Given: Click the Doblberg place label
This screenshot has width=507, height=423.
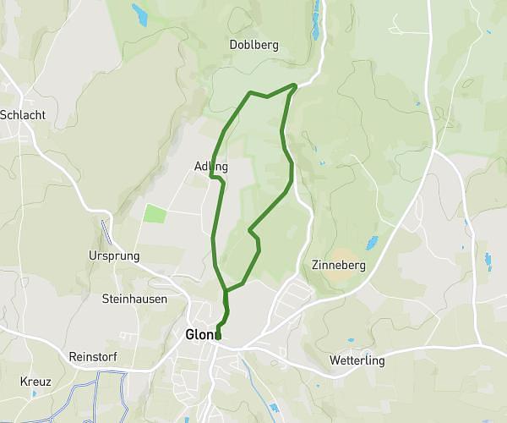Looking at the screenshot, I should point(253,45).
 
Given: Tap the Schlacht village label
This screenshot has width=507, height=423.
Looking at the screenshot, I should point(23,114).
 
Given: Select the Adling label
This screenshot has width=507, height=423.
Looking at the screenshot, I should point(210,167).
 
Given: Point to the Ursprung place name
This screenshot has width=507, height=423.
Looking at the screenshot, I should point(113,255).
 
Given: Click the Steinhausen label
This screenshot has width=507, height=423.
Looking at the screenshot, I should point(134,299).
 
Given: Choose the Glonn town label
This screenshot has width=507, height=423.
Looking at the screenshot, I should point(203,334).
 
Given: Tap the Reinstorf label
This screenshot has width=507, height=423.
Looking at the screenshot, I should point(98,357).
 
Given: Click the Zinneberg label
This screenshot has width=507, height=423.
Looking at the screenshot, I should point(338,265).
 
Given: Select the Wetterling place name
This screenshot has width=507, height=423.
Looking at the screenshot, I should point(356,360).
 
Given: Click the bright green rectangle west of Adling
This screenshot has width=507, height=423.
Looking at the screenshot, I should point(155,213).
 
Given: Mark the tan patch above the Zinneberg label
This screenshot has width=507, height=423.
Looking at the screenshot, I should point(343,253).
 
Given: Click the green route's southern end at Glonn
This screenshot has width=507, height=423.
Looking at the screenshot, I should point(218,336).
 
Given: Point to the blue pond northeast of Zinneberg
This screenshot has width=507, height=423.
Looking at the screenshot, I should point(371,244).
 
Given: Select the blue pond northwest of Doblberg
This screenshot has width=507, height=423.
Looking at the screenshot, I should point(139,13).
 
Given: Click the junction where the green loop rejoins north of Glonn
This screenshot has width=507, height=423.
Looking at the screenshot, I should point(226,292).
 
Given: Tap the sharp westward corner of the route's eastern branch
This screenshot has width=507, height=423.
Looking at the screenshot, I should point(250,229).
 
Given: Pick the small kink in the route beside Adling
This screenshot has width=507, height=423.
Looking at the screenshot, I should point(215,178).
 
